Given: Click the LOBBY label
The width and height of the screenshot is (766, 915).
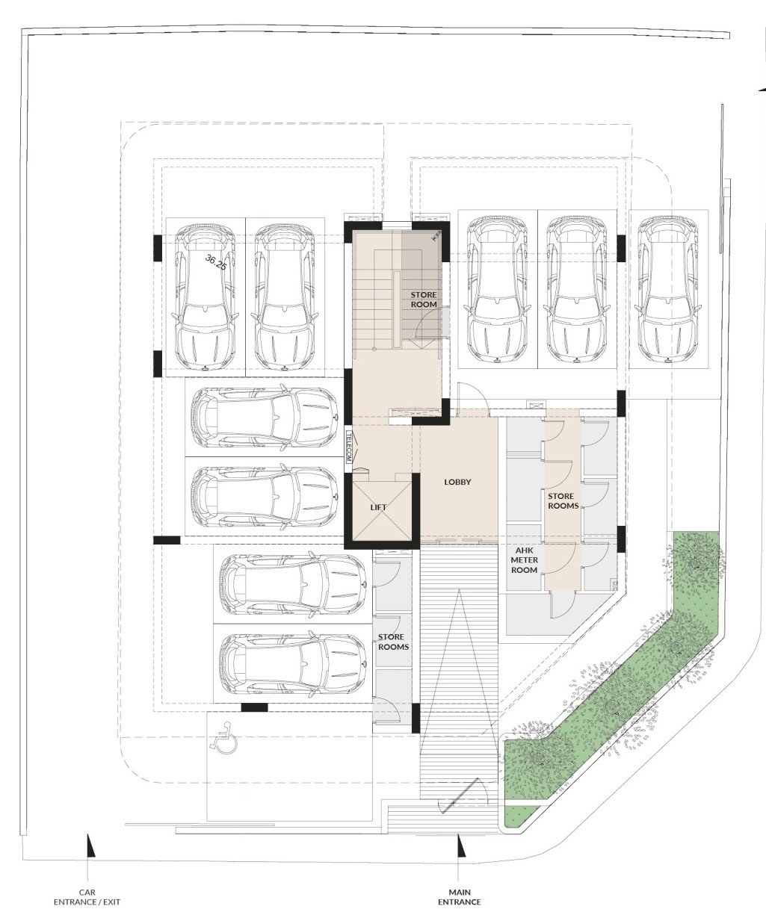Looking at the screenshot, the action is [x=457, y=482].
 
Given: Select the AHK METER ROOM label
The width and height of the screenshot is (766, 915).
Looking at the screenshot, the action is [x=524, y=560].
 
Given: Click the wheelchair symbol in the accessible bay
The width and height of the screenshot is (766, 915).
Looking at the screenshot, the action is [x=223, y=737].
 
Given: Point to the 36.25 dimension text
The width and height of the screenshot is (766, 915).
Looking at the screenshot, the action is [x=216, y=262].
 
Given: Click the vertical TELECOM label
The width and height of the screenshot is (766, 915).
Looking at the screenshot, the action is [x=349, y=446].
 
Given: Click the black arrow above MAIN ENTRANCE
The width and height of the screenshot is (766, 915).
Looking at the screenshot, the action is [x=460, y=846].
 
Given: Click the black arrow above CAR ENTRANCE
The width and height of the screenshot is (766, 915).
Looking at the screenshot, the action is [x=90, y=846].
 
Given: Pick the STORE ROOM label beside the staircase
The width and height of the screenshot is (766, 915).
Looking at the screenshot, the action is [x=424, y=300].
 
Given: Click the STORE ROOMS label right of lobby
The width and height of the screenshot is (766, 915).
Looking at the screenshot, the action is [x=563, y=501].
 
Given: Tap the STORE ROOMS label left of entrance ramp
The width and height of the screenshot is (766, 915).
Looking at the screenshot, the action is [x=393, y=642].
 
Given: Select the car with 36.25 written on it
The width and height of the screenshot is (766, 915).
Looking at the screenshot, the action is [x=206, y=297].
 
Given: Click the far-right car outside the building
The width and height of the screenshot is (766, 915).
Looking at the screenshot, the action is [x=668, y=289].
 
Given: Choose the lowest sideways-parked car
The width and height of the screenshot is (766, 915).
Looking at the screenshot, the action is [x=292, y=665].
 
